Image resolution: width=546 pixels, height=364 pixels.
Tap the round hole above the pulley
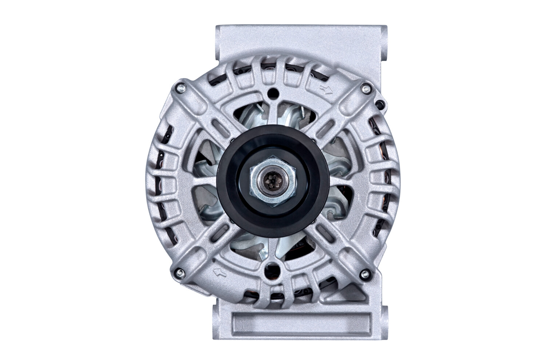coord(271,94)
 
